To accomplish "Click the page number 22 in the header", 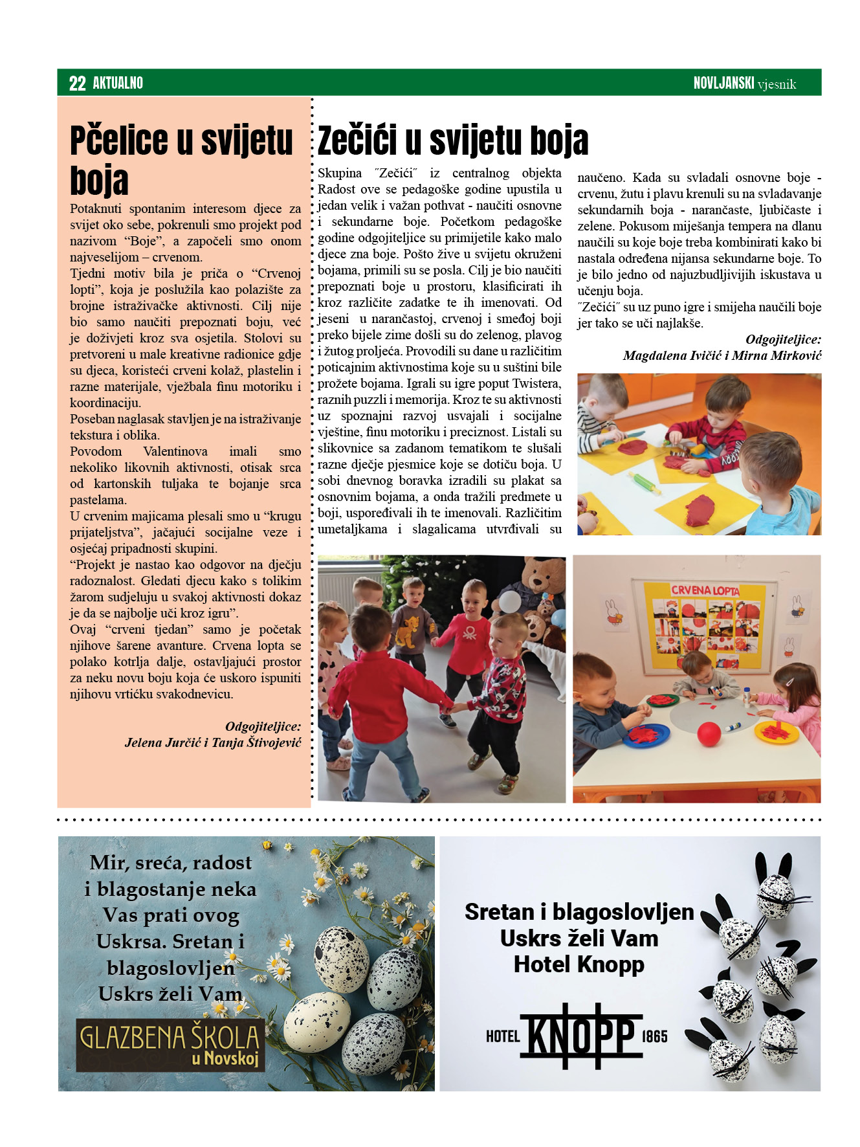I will [x=77, y=83].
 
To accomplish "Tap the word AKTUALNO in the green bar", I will [x=118, y=83].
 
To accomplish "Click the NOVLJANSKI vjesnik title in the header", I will [x=744, y=83].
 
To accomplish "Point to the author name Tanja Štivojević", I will [x=256, y=742].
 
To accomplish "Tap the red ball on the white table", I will [x=709, y=734].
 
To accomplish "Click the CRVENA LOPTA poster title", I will [x=704, y=590].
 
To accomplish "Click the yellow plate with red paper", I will [x=777, y=732].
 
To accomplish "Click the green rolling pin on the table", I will [x=644, y=482].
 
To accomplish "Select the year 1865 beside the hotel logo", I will [x=654, y=1036].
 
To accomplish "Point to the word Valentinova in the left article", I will [x=175, y=451].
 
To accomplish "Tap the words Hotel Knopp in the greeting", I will [x=579, y=964].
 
